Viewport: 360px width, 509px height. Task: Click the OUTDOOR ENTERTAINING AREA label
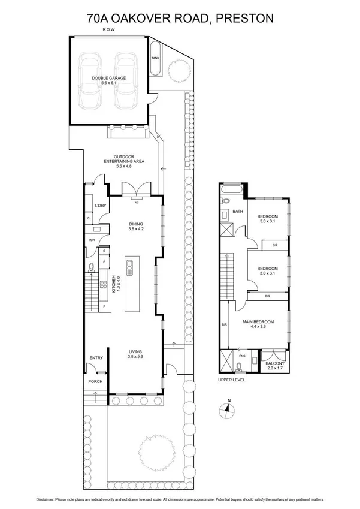pos(123,161)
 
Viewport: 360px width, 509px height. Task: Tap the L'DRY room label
pos(101,206)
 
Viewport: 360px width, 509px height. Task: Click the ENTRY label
pos(96,358)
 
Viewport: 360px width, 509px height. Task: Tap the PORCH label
pos(95,382)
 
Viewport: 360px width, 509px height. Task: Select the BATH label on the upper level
pos(238,211)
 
